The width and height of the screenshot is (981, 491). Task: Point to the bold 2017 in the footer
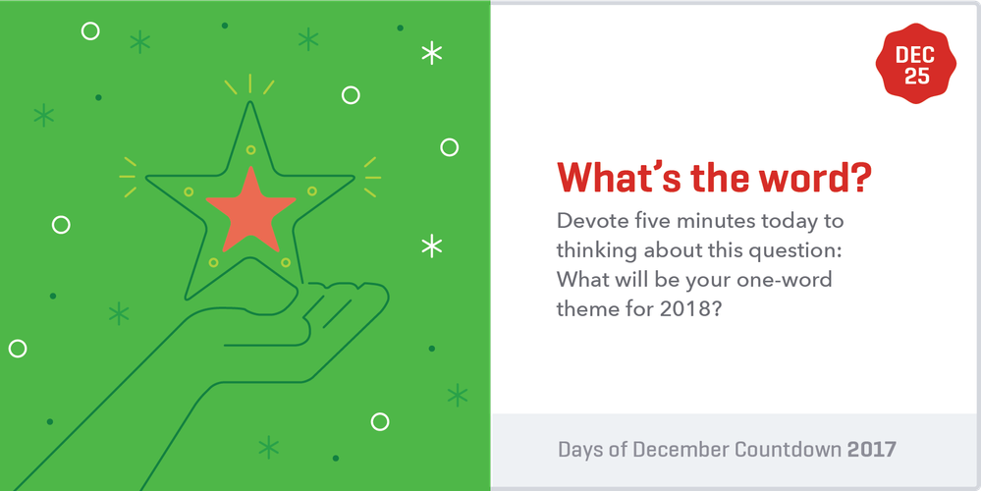click(872, 450)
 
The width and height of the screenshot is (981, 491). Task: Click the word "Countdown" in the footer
click(785, 450)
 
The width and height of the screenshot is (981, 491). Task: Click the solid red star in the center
click(250, 208)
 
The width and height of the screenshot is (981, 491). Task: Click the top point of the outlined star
click(250, 106)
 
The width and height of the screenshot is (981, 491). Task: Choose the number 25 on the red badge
click(916, 77)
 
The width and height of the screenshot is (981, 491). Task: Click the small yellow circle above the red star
click(250, 150)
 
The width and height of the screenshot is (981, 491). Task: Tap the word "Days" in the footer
click(581, 450)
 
